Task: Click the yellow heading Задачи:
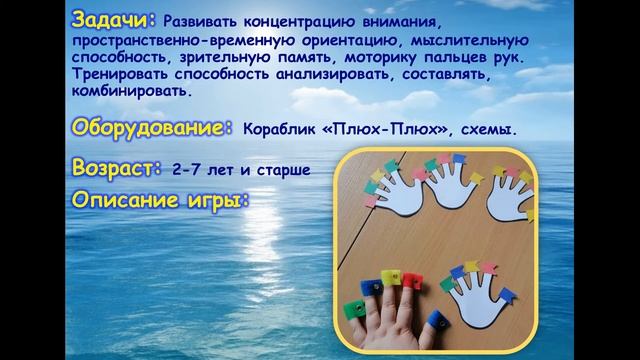(114, 20)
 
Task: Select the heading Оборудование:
(152, 128)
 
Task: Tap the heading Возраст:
(117, 167)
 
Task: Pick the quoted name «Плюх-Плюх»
(385, 130)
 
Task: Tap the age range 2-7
(186, 170)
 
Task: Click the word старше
(283, 171)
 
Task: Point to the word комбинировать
(131, 91)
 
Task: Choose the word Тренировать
(120, 74)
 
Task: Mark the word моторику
(380, 58)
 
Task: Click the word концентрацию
(299, 22)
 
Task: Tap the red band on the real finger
(412, 281)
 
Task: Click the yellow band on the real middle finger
(391, 278)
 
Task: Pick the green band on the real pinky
(354, 309)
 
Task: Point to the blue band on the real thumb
(438, 320)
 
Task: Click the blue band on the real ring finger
(371, 287)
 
